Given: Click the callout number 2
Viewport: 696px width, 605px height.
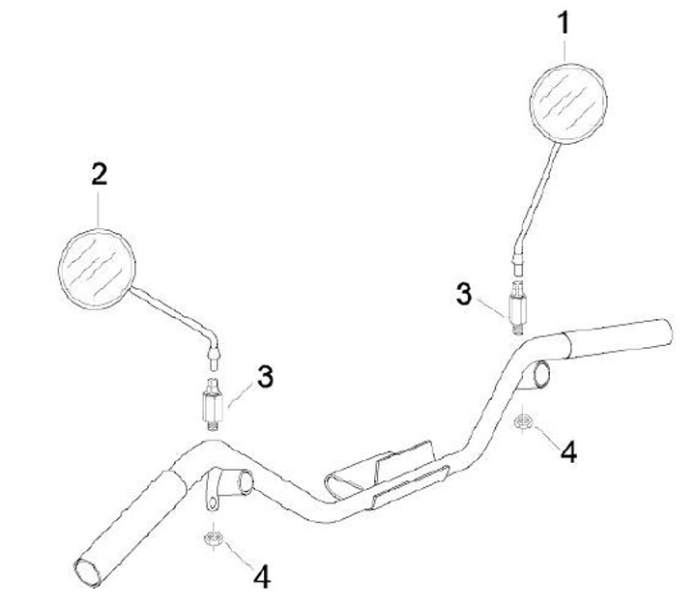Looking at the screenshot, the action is [99, 176].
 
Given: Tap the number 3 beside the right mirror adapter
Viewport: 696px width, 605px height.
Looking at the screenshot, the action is [465, 293].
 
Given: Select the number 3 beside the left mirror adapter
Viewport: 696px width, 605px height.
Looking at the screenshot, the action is [264, 375].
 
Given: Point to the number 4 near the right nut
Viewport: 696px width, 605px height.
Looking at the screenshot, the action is [568, 450].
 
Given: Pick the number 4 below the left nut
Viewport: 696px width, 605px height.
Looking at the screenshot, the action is [262, 576].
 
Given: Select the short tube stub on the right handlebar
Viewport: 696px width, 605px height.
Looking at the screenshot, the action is [541, 374].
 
